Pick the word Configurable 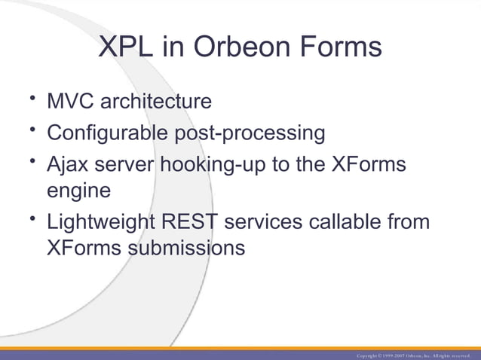tap(108, 133)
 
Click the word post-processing tap(250, 133)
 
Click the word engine tap(79, 191)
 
